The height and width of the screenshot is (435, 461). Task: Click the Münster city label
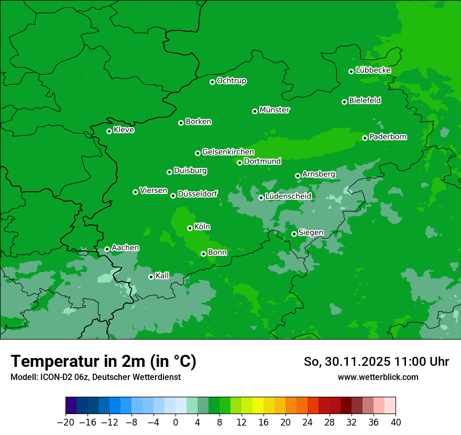click(275, 110)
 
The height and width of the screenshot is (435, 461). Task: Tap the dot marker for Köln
click(190, 228)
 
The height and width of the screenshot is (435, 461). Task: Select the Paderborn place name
click(388, 137)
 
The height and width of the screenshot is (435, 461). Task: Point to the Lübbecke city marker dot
click(351, 71)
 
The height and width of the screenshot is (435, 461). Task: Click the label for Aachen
click(125, 248)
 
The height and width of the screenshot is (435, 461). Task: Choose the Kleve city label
click(124, 130)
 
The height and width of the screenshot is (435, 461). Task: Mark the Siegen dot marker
click(294, 234)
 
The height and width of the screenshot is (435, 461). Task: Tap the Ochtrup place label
click(232, 81)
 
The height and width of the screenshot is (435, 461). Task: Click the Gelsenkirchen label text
click(228, 152)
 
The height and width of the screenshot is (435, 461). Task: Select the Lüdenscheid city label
click(288, 197)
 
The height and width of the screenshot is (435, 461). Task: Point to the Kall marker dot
click(151, 277)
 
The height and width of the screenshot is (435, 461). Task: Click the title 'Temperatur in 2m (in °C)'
click(104, 361)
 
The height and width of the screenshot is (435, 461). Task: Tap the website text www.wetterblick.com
click(378, 377)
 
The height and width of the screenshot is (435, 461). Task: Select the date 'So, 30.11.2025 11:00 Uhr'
click(376, 362)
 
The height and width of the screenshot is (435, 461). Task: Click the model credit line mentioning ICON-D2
click(95, 377)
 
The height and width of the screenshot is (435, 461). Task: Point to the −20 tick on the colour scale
click(65, 422)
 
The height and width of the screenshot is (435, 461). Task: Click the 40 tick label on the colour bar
click(396, 422)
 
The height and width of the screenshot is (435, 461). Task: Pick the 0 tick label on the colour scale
click(175, 422)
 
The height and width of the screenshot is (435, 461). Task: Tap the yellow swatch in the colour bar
click(258, 406)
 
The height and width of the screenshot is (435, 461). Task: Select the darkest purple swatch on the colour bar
click(71, 406)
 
